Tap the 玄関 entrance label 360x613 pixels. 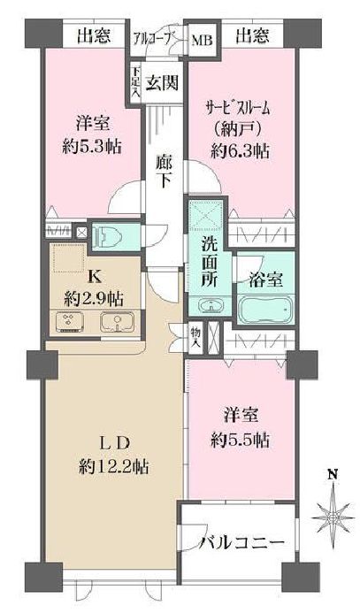point(162,84)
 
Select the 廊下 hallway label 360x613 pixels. point(164,170)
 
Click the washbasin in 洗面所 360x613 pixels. point(211,307)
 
